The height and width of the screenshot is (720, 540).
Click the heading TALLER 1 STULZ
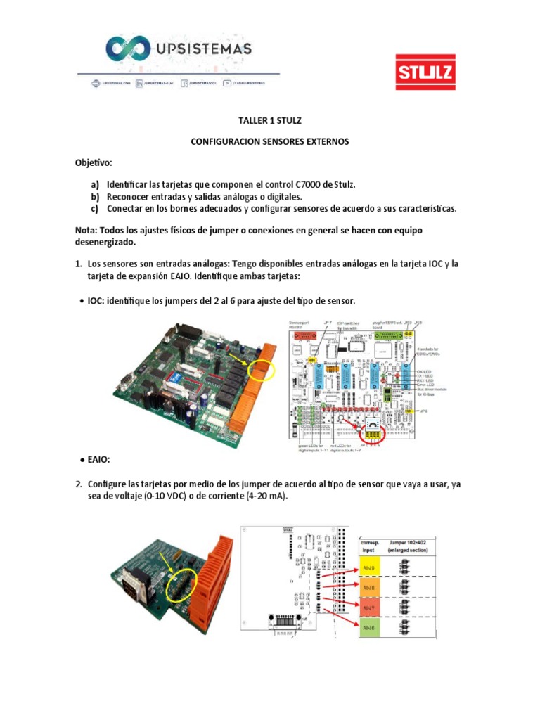(270, 120)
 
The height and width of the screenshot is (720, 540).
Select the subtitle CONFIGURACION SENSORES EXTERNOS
(270, 141)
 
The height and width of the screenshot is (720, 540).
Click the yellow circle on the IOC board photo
(260, 366)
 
